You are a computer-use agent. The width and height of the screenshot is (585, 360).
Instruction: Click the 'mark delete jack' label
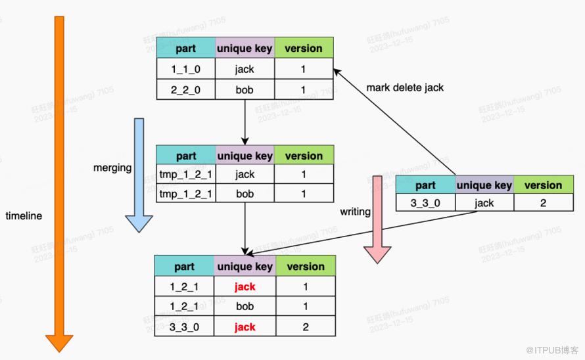tap(405, 87)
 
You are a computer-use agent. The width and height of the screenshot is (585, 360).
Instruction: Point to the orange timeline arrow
tap(59, 177)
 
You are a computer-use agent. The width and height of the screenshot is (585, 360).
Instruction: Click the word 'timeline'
tap(24, 215)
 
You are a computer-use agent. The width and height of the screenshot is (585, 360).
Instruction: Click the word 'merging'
tap(112, 168)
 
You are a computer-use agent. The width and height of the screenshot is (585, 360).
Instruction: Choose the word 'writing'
tap(355, 212)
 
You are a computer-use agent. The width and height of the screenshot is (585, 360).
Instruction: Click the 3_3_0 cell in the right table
tap(425, 203)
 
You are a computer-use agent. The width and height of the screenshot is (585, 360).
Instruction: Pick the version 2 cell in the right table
tap(543, 203)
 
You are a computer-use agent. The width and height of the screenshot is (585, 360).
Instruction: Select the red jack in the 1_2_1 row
tap(245, 286)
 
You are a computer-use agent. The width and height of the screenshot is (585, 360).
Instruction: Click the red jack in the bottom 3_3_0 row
tap(245, 326)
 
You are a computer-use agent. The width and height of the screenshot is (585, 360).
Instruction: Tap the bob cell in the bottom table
tap(245, 307)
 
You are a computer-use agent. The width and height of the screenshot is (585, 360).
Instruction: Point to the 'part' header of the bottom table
tap(184, 266)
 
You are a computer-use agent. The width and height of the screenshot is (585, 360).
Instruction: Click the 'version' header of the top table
tap(304, 48)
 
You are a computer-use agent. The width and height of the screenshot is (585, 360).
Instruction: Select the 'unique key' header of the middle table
tap(245, 156)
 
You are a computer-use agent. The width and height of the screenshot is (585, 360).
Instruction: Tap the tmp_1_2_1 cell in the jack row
tap(186, 175)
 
